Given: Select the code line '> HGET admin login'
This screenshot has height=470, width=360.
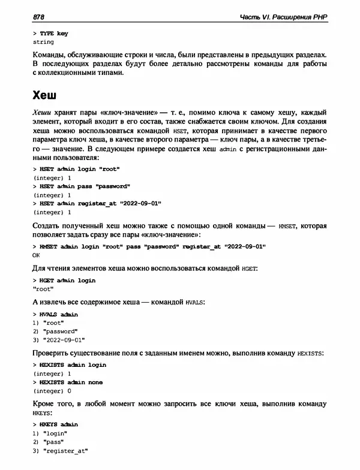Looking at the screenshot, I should [64, 280].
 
